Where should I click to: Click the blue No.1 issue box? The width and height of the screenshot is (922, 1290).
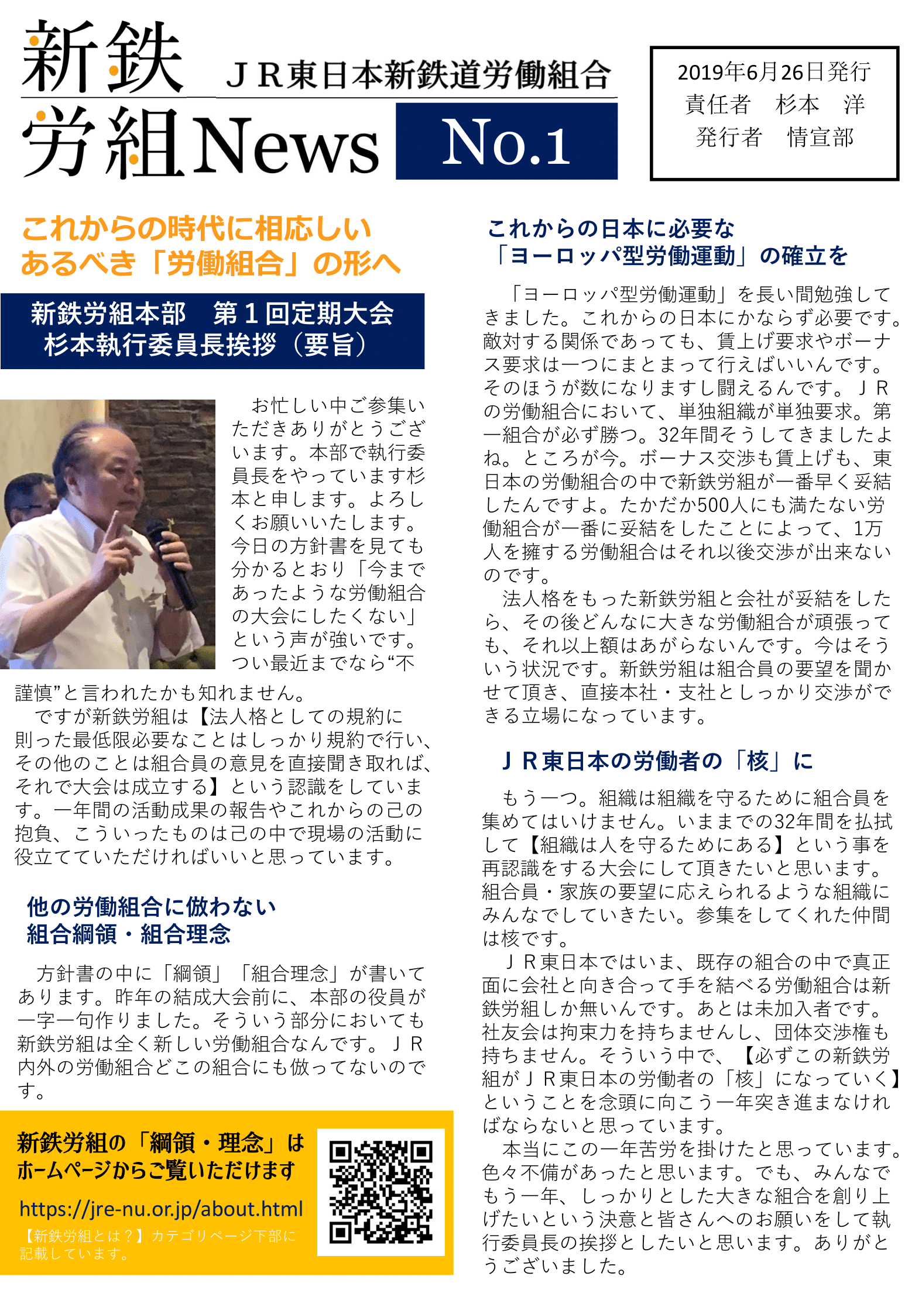(x=506, y=141)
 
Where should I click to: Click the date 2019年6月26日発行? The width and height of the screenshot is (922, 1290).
(x=774, y=73)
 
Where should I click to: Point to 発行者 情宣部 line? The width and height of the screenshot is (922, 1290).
(x=774, y=137)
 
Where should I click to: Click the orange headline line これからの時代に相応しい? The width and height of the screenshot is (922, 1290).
(x=197, y=229)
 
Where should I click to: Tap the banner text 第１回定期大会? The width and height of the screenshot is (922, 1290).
(x=303, y=314)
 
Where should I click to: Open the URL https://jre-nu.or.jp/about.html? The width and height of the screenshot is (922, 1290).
(x=161, y=1209)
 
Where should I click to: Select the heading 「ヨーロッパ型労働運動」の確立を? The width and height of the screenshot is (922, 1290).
(x=671, y=256)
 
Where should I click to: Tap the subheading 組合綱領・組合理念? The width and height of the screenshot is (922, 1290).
(x=129, y=934)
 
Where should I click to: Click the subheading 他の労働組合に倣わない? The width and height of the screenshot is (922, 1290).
(x=151, y=907)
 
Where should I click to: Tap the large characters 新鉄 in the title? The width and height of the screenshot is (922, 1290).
(x=102, y=57)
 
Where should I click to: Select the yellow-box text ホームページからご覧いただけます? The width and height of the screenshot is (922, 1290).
(x=156, y=1171)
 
